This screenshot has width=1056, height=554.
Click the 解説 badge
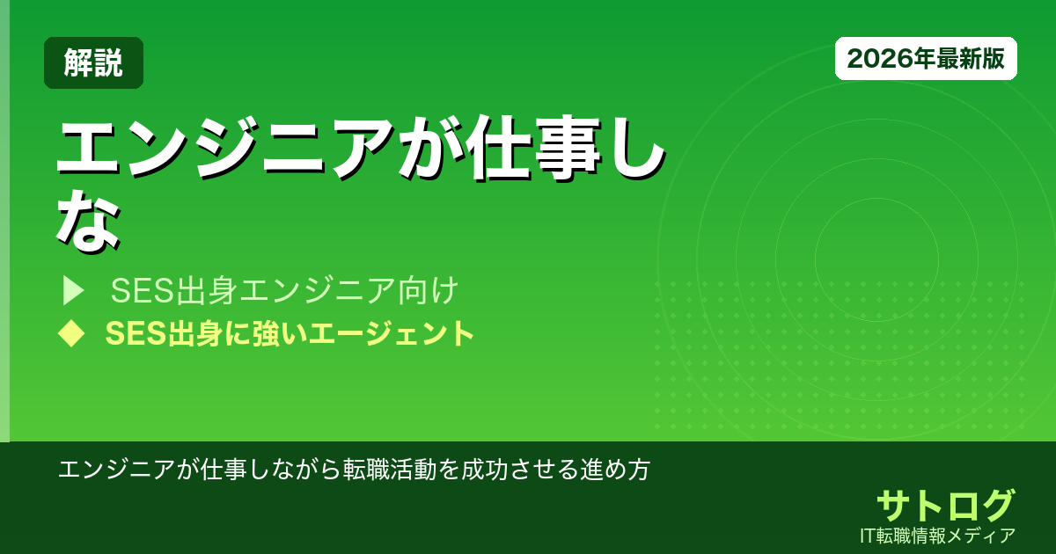[x=93, y=62]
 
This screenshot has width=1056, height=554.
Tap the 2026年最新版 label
[x=926, y=59]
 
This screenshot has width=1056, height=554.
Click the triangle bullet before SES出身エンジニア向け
[x=72, y=289]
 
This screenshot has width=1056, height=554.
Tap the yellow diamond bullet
[x=70, y=333]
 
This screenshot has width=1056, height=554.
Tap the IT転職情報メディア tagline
[x=939, y=536]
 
